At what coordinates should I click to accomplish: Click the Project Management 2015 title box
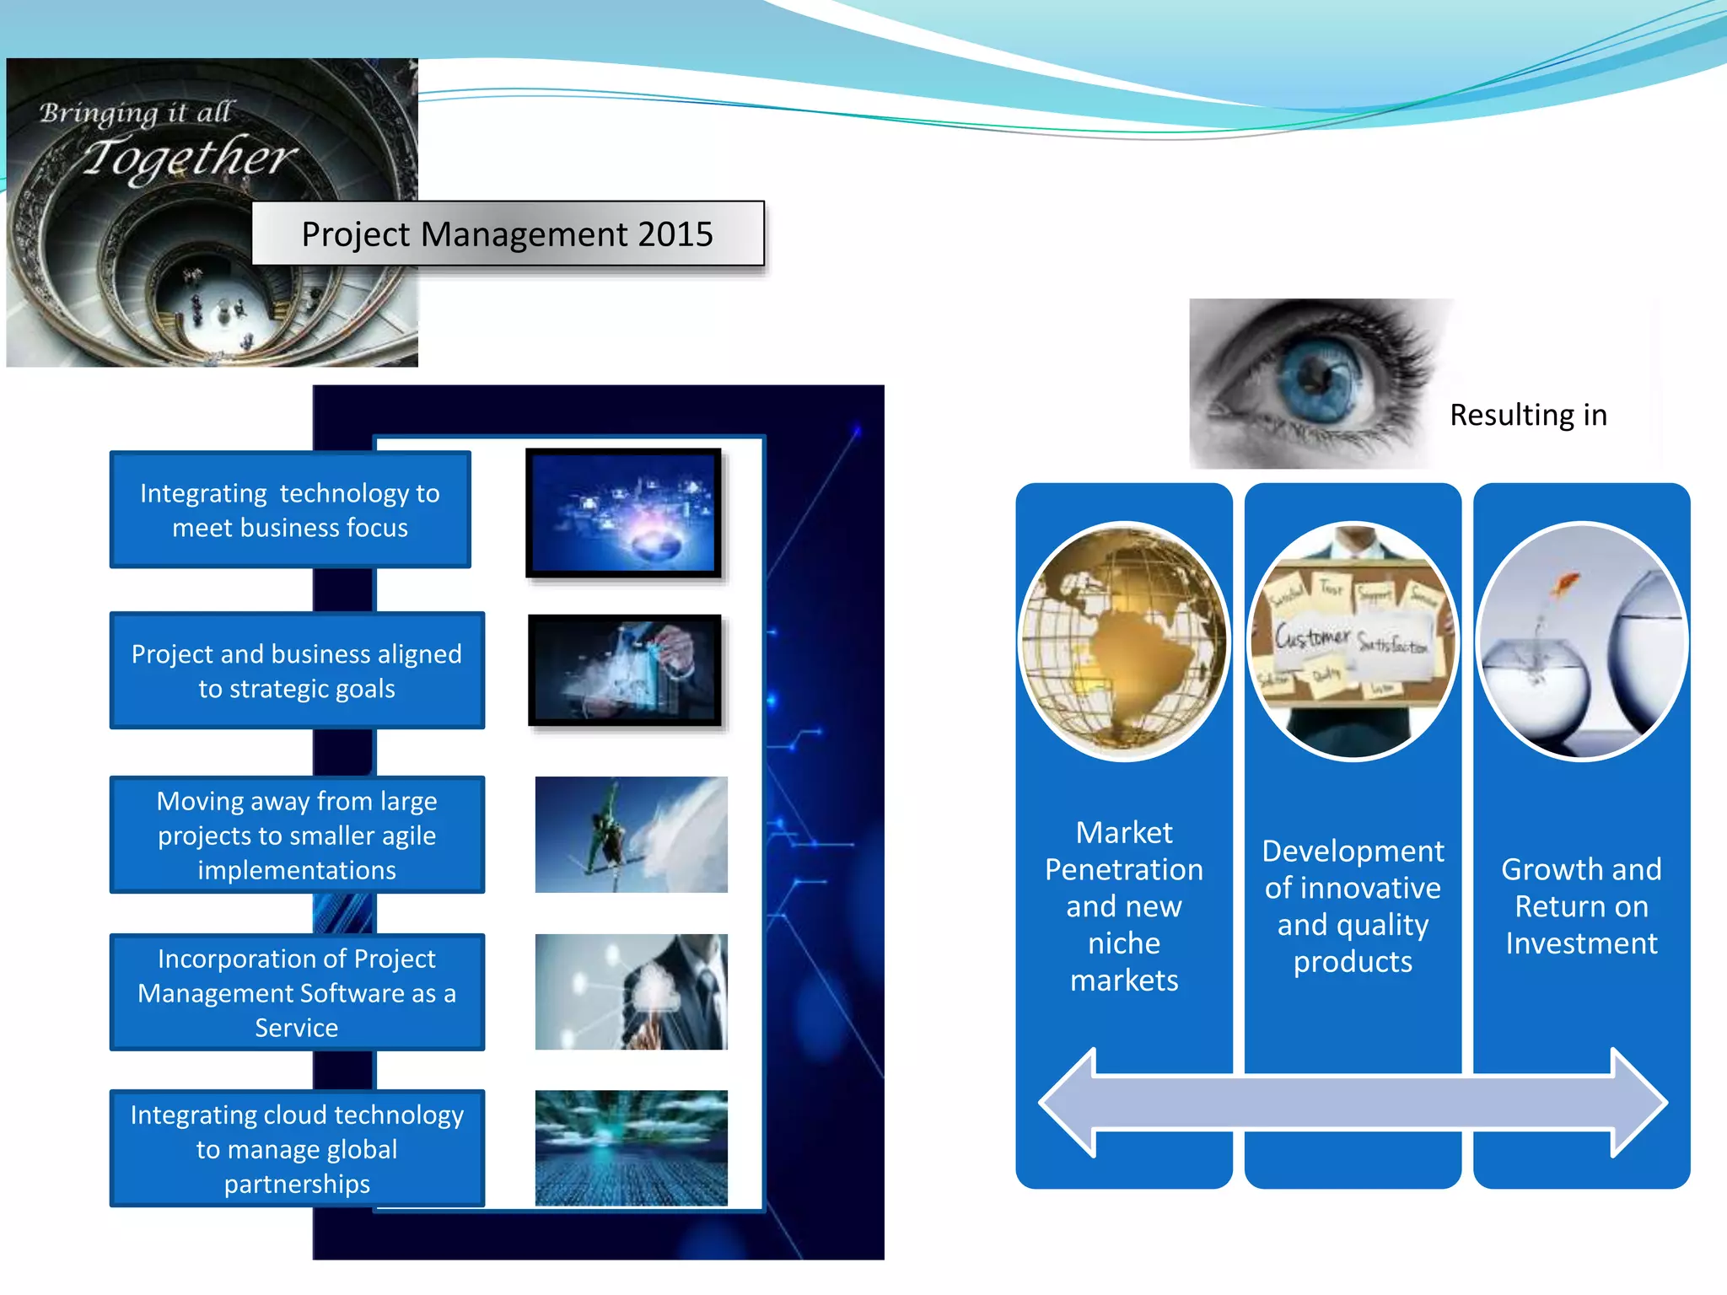[508, 234]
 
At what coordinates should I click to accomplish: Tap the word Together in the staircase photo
[190, 158]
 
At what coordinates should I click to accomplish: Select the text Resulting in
[1528, 415]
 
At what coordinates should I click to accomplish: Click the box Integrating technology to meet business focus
[290, 510]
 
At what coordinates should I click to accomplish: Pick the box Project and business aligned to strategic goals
[296, 671]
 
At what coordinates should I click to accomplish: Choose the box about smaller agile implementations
[296, 835]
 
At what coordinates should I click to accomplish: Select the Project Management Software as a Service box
[296, 992]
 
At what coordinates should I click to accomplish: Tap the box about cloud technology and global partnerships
[296, 1148]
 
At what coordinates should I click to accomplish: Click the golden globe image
[1123, 641]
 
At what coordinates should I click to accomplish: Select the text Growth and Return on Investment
[1581, 905]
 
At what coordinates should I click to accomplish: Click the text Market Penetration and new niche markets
[1123, 905]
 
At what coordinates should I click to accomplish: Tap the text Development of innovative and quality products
[1353, 905]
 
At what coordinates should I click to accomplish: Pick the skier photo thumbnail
[631, 835]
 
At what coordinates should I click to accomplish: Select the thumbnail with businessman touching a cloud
[631, 991]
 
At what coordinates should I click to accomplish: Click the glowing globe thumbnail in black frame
[624, 513]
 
